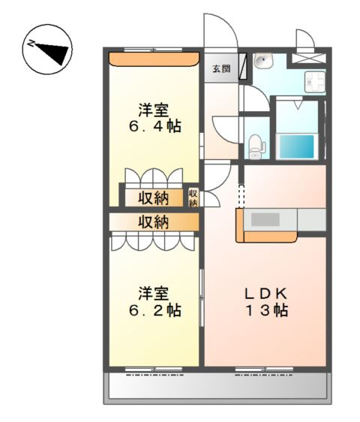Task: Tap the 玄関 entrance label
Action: tap(220, 69)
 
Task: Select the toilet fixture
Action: tap(255, 143)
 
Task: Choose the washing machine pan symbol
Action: tap(312, 80)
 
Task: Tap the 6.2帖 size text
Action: tap(155, 309)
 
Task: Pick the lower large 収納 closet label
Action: tap(153, 222)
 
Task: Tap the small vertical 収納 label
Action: tap(193, 197)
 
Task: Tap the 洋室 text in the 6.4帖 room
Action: tap(156, 107)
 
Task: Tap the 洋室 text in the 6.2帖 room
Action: tap(155, 291)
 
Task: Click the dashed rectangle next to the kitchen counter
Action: tap(241, 196)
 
